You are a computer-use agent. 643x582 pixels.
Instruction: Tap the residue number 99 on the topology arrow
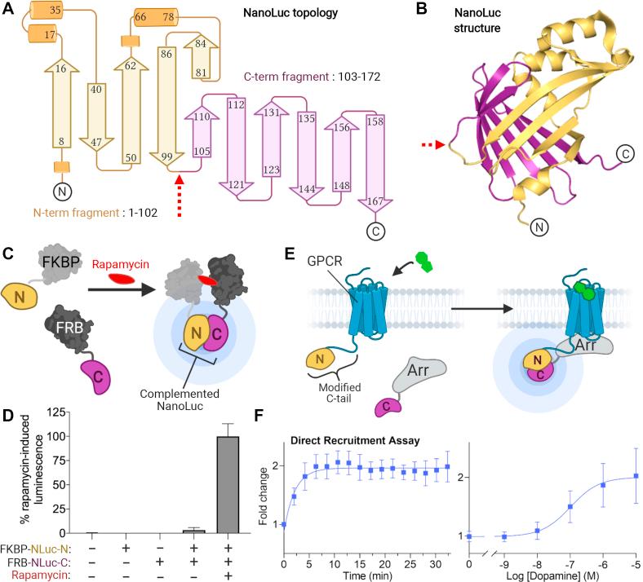(x=168, y=156)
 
